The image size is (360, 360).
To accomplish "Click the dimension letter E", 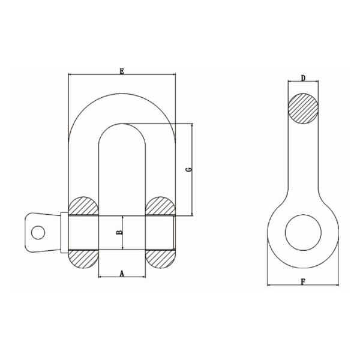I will (122, 71).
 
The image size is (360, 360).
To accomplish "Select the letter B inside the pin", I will (119, 231).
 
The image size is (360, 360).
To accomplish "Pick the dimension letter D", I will (304, 78).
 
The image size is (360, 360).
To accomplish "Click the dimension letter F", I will (303, 281).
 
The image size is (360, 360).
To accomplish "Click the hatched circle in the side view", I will (304, 109).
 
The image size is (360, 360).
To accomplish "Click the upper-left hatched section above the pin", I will (84, 206).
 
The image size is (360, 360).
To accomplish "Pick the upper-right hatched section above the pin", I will (160, 206).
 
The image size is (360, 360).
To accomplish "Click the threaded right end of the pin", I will (174, 231).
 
